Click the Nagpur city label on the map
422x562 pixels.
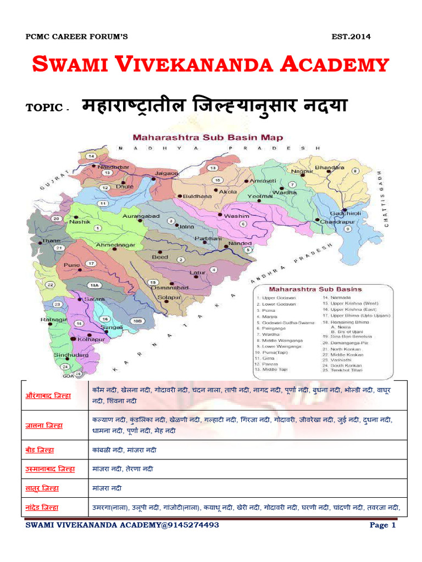point(302,171)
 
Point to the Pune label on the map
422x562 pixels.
point(73,265)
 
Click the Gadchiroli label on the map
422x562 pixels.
point(345,212)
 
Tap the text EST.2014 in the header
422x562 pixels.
point(351,37)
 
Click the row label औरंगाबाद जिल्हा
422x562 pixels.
point(49,395)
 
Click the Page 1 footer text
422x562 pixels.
point(382,525)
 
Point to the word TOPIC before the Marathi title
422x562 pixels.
point(44,108)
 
